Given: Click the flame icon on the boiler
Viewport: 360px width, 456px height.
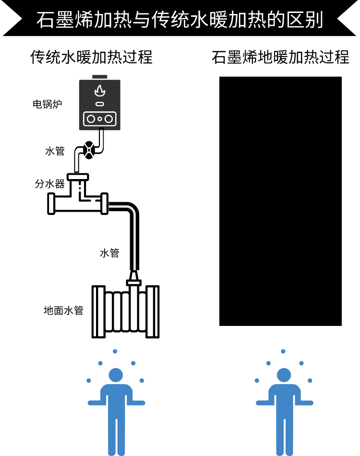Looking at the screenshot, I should coord(99,90).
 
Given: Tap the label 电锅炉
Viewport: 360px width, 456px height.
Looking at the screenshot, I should coord(48,104).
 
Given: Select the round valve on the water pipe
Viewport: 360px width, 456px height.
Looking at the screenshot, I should coord(88,149).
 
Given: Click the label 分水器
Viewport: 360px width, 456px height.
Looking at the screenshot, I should coord(49,183).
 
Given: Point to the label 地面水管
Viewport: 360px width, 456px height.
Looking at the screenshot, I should coord(63,311).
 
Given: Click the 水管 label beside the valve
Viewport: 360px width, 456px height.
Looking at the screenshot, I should coord(55,151).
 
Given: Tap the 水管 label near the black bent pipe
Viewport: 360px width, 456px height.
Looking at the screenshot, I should coord(109,252).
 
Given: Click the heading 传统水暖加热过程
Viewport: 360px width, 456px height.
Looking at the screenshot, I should coord(91,57).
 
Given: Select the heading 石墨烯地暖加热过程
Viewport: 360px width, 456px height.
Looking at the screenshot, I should coord(280,57).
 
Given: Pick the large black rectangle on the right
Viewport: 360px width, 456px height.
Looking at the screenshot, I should coord(280,201).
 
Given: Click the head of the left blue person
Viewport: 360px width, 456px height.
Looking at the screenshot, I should coord(116,375).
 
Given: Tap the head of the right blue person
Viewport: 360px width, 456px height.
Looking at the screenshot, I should coord(284,375).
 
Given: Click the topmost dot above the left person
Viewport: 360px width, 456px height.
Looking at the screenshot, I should coord(115,351).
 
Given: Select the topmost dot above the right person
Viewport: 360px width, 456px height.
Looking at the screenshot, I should coord(283,351).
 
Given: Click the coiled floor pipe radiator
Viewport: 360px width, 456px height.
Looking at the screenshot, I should coord(125,312).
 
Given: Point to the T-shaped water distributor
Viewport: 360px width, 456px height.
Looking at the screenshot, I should coord(78,197).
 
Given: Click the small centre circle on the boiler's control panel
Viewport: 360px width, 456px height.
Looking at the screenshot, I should coord(99,119).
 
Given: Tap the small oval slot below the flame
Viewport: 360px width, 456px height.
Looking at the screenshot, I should coord(99,104).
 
